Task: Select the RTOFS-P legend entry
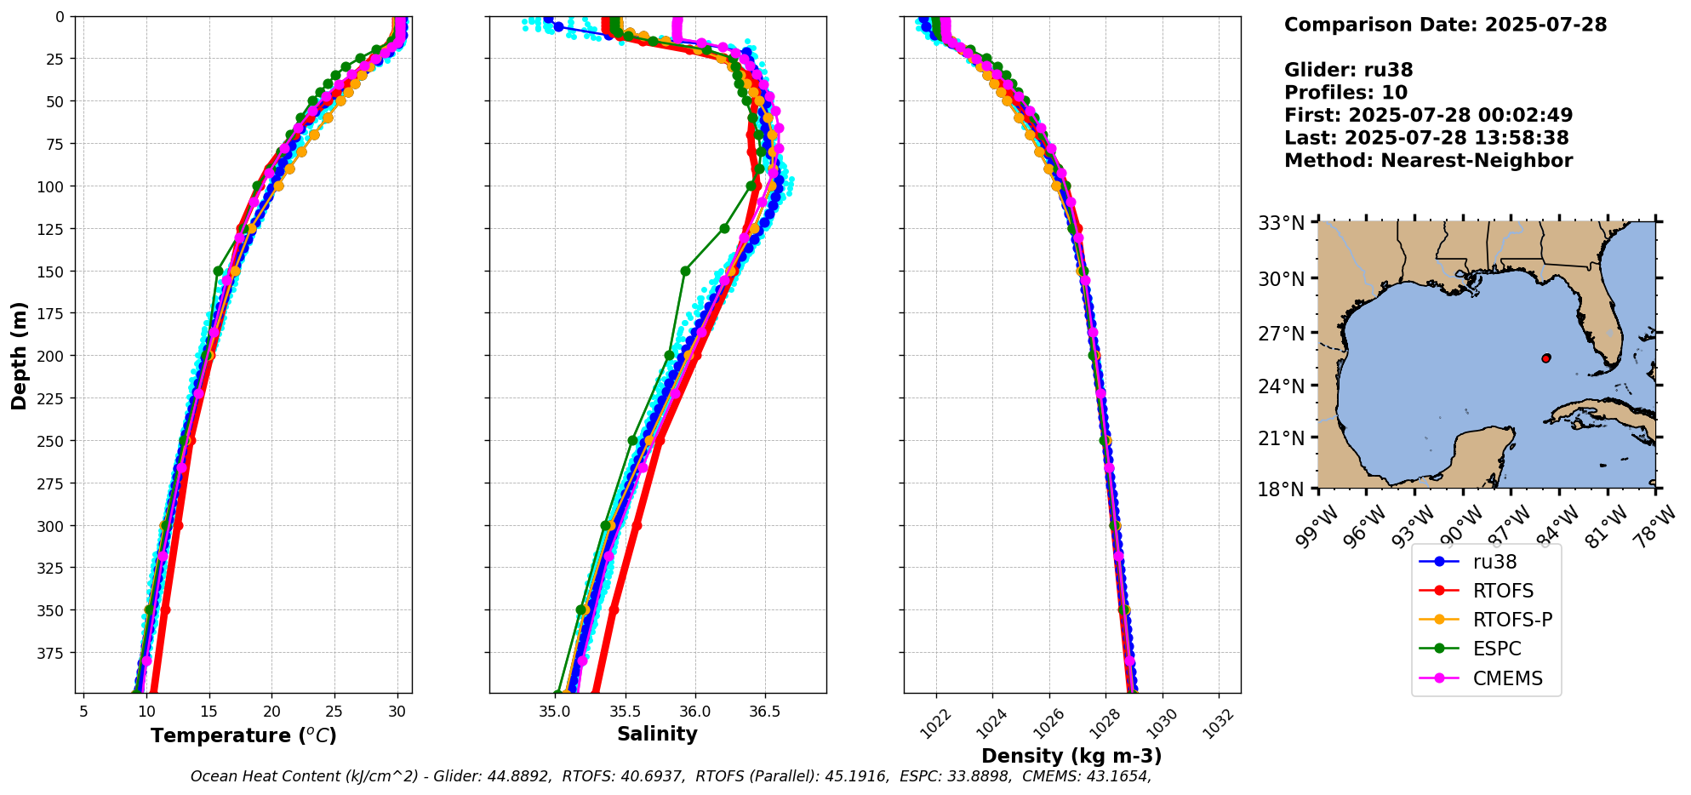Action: click(1511, 620)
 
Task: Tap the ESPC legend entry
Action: click(1496, 649)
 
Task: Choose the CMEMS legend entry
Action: click(1506, 678)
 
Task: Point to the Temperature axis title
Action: click(243, 735)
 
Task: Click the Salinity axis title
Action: click(657, 734)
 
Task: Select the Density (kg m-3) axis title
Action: click(1071, 756)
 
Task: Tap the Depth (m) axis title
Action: click(20, 355)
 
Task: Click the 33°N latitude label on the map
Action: click(1281, 223)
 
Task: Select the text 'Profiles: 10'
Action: click(1345, 93)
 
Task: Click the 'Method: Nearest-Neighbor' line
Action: click(1428, 160)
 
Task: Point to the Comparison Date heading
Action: click(1445, 25)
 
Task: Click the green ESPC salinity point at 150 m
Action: click(685, 271)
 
